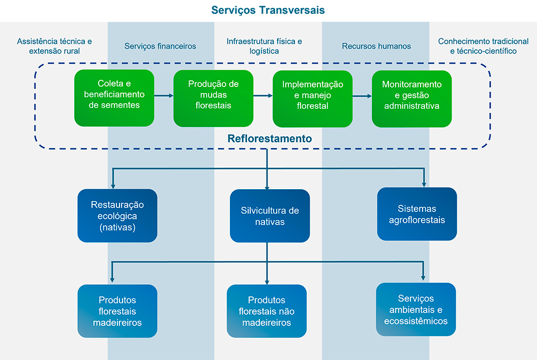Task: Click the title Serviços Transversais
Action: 268,10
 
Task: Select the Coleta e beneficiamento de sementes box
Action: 114,98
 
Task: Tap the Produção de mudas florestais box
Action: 213,98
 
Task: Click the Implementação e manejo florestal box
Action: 312,98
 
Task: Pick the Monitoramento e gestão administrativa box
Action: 411,98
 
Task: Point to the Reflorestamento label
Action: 270,138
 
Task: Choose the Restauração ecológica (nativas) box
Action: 117,216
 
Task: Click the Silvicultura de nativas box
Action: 270,216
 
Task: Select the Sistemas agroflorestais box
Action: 416,214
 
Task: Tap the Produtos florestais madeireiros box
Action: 117,311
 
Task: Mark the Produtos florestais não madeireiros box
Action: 266,311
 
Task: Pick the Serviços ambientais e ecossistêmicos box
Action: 416,309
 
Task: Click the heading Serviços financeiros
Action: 160,46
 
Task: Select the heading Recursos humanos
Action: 376,46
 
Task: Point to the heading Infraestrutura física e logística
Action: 264,46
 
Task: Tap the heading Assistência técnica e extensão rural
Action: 54,46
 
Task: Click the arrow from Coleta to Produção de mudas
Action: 163,95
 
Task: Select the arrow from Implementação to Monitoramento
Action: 362,95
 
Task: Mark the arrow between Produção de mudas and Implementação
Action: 262,95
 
